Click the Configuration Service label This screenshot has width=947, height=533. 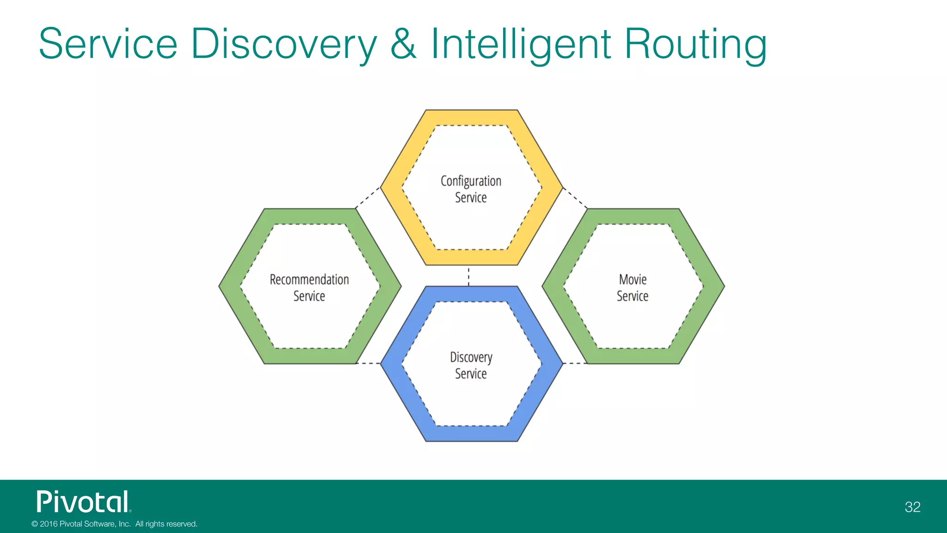[x=471, y=189]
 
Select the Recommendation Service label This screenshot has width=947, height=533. [x=309, y=287]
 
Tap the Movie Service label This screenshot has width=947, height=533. [x=633, y=287]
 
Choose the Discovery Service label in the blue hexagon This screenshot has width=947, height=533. [x=471, y=365]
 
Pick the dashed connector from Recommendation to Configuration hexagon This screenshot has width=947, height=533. [x=368, y=198]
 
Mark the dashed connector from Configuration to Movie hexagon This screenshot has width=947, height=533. [x=575, y=198]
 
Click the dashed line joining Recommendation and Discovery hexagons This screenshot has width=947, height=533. [x=369, y=364]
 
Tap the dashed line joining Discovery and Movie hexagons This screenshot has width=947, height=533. [x=575, y=364]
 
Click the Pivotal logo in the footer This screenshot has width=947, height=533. [x=84, y=502]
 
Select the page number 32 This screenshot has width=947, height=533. [x=912, y=507]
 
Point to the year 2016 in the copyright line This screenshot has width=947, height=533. [x=49, y=524]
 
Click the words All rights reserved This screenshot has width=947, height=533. [x=166, y=524]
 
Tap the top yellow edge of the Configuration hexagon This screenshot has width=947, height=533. [x=471, y=118]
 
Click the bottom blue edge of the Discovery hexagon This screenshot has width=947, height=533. [x=471, y=434]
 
